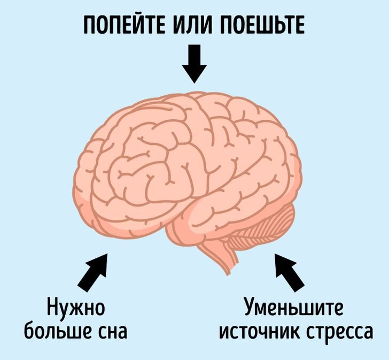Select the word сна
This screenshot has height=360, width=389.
pyautogui.click(x=112, y=332)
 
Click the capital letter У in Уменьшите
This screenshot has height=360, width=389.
pyautogui.click(x=250, y=309)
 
